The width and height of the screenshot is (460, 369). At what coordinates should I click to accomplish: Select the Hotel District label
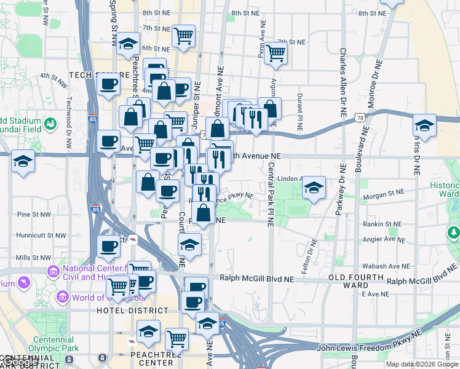[x=127, y=311]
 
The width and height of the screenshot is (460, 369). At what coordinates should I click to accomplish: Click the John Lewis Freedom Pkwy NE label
[x=369, y=348]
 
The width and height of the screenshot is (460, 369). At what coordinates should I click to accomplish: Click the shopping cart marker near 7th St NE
[x=276, y=54]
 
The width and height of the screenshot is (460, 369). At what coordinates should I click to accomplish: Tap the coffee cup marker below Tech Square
[x=109, y=84]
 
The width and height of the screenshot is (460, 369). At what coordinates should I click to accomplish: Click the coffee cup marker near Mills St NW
[x=109, y=247]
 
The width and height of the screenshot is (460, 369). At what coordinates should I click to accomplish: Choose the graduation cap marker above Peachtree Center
[x=148, y=331]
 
